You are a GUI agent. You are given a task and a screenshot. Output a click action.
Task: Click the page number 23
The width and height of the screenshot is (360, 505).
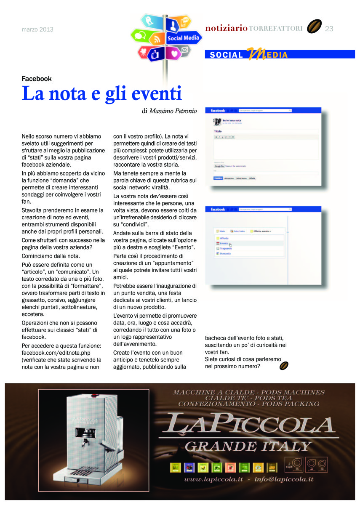click(x=329, y=29)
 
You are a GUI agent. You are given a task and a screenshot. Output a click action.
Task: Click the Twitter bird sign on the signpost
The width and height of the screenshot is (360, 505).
click(x=149, y=21)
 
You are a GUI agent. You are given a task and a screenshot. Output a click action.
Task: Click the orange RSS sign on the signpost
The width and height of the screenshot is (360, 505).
click(x=157, y=40)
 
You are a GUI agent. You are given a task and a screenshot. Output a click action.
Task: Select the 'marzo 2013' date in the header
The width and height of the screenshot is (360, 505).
click(x=37, y=29)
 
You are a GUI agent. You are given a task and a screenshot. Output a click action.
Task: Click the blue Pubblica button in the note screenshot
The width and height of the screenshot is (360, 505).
click(x=218, y=178)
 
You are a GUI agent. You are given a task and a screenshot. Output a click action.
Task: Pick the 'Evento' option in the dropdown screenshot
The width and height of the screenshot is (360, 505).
click(x=224, y=243)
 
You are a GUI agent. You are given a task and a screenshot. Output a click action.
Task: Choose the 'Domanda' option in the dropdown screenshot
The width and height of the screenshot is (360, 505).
click(x=226, y=253)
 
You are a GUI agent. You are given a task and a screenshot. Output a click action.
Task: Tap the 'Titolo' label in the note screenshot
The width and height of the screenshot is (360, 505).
click(x=218, y=131)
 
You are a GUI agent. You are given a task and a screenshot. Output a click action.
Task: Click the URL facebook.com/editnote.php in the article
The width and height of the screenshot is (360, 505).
click(x=56, y=352)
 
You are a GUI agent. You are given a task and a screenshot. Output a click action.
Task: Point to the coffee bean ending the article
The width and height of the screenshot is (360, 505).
click(x=284, y=366)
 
